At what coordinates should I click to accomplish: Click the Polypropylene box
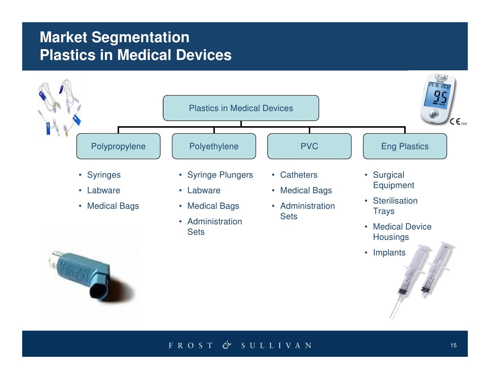pos(118,146)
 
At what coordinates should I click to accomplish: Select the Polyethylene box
pos(214,146)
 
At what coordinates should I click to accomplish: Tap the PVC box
pos(309,146)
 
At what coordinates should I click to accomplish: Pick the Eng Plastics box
pos(405,146)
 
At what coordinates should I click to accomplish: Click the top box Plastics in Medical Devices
pos(241,108)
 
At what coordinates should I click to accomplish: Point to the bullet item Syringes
pos(104,175)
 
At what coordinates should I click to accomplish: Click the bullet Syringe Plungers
pos(220,175)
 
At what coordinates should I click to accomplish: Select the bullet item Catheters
pos(299,175)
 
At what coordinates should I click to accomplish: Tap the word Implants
pos(389,252)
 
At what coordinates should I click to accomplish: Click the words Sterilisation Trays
pos(395,206)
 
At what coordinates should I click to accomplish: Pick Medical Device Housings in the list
pos(402,232)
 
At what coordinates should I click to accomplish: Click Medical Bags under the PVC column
pos(306,190)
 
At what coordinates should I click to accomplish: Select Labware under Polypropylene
pos(104,190)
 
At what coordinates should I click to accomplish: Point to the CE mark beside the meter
pos(455,121)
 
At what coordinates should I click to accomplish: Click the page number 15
pos(453,345)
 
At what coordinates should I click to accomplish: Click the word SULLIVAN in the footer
pos(276,346)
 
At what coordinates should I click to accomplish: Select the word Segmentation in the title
pos(140,37)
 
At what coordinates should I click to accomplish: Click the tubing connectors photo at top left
pos(60,107)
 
